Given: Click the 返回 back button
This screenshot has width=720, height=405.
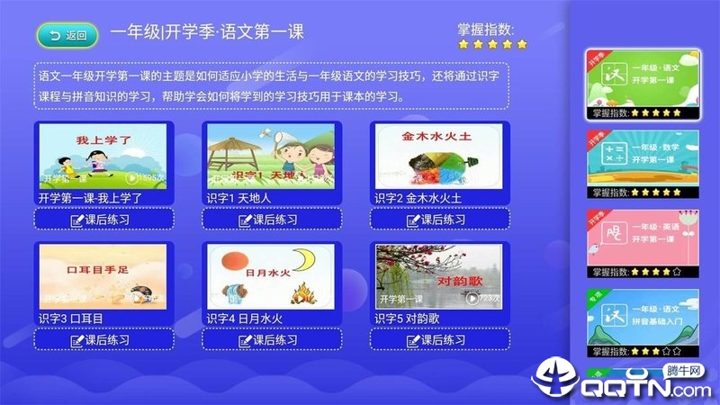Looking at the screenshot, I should point(67,36).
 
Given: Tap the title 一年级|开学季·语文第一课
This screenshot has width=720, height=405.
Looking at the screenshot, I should point(207,33).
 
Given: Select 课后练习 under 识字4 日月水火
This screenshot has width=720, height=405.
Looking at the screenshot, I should point(271,340).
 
